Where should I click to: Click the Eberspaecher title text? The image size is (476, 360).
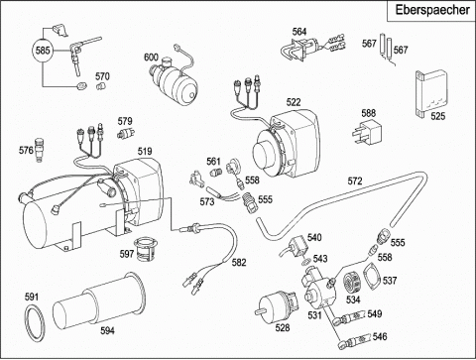tap(432, 10)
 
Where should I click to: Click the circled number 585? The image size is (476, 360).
tap(43, 51)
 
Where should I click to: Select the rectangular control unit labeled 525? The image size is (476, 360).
tap(430, 94)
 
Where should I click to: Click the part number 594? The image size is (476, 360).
tap(107, 330)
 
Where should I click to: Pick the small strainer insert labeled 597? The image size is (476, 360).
tap(144, 252)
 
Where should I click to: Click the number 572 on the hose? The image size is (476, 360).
tap(355, 180)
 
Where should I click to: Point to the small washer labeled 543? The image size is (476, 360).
tap(306, 263)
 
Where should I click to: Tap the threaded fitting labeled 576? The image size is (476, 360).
tap(40, 150)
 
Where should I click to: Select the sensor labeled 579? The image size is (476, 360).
tap(126, 133)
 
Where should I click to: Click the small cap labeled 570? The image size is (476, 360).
tap(100, 86)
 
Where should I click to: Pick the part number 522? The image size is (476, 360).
tap(294, 102)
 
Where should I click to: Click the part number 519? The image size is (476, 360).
tap(145, 151)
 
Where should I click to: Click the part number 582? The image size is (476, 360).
tap(239, 262)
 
